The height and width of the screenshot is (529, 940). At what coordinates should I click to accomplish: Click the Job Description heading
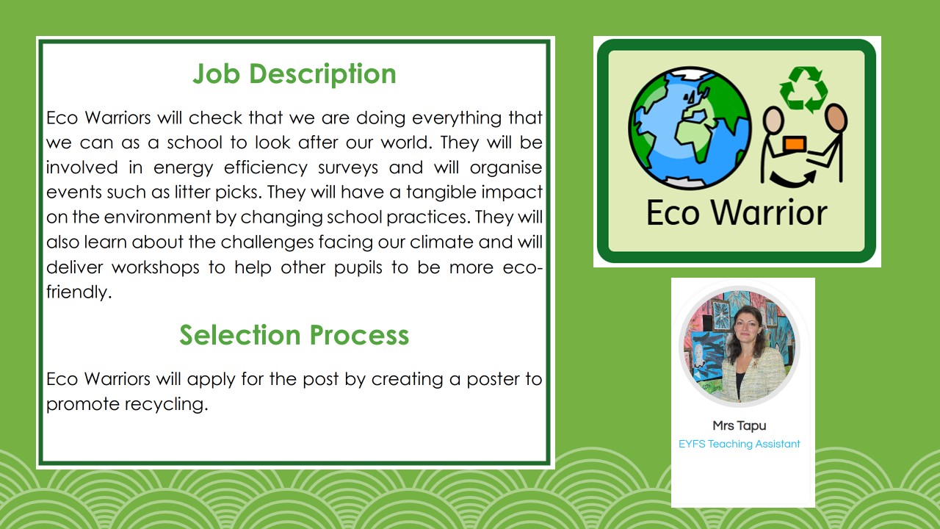coord(294,74)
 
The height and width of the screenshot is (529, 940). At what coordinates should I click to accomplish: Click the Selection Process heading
coord(294,335)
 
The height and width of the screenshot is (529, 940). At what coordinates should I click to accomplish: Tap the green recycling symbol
coord(803,90)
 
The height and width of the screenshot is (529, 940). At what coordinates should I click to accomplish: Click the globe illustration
coord(690,128)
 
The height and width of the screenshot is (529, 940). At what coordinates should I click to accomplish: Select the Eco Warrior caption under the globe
coord(737,213)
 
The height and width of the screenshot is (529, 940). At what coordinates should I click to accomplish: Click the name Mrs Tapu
coord(740,425)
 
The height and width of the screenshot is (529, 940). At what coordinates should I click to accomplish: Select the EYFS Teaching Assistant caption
coord(740,444)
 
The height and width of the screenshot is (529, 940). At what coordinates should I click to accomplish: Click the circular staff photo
coord(740,346)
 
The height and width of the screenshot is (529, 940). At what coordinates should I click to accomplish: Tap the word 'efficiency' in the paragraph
coord(265,168)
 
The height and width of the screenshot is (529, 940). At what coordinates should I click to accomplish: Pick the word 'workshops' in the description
coord(155,267)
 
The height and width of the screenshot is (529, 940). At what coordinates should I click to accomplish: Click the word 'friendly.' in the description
coord(79,292)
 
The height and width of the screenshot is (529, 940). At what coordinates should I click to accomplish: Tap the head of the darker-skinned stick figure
coord(836,117)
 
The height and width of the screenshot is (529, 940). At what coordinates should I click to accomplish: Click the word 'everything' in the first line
coord(457,118)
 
